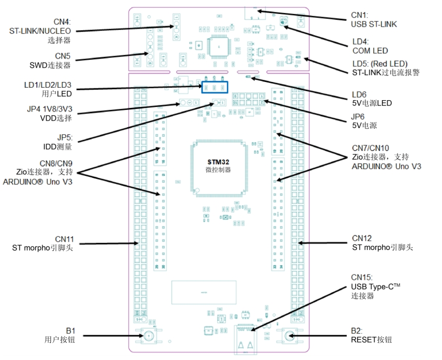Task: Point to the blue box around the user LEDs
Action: [214, 87]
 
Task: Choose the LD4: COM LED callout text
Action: [370, 46]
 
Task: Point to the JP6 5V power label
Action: [364, 121]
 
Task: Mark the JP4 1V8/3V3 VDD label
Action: [49, 114]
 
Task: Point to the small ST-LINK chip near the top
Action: [218, 47]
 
